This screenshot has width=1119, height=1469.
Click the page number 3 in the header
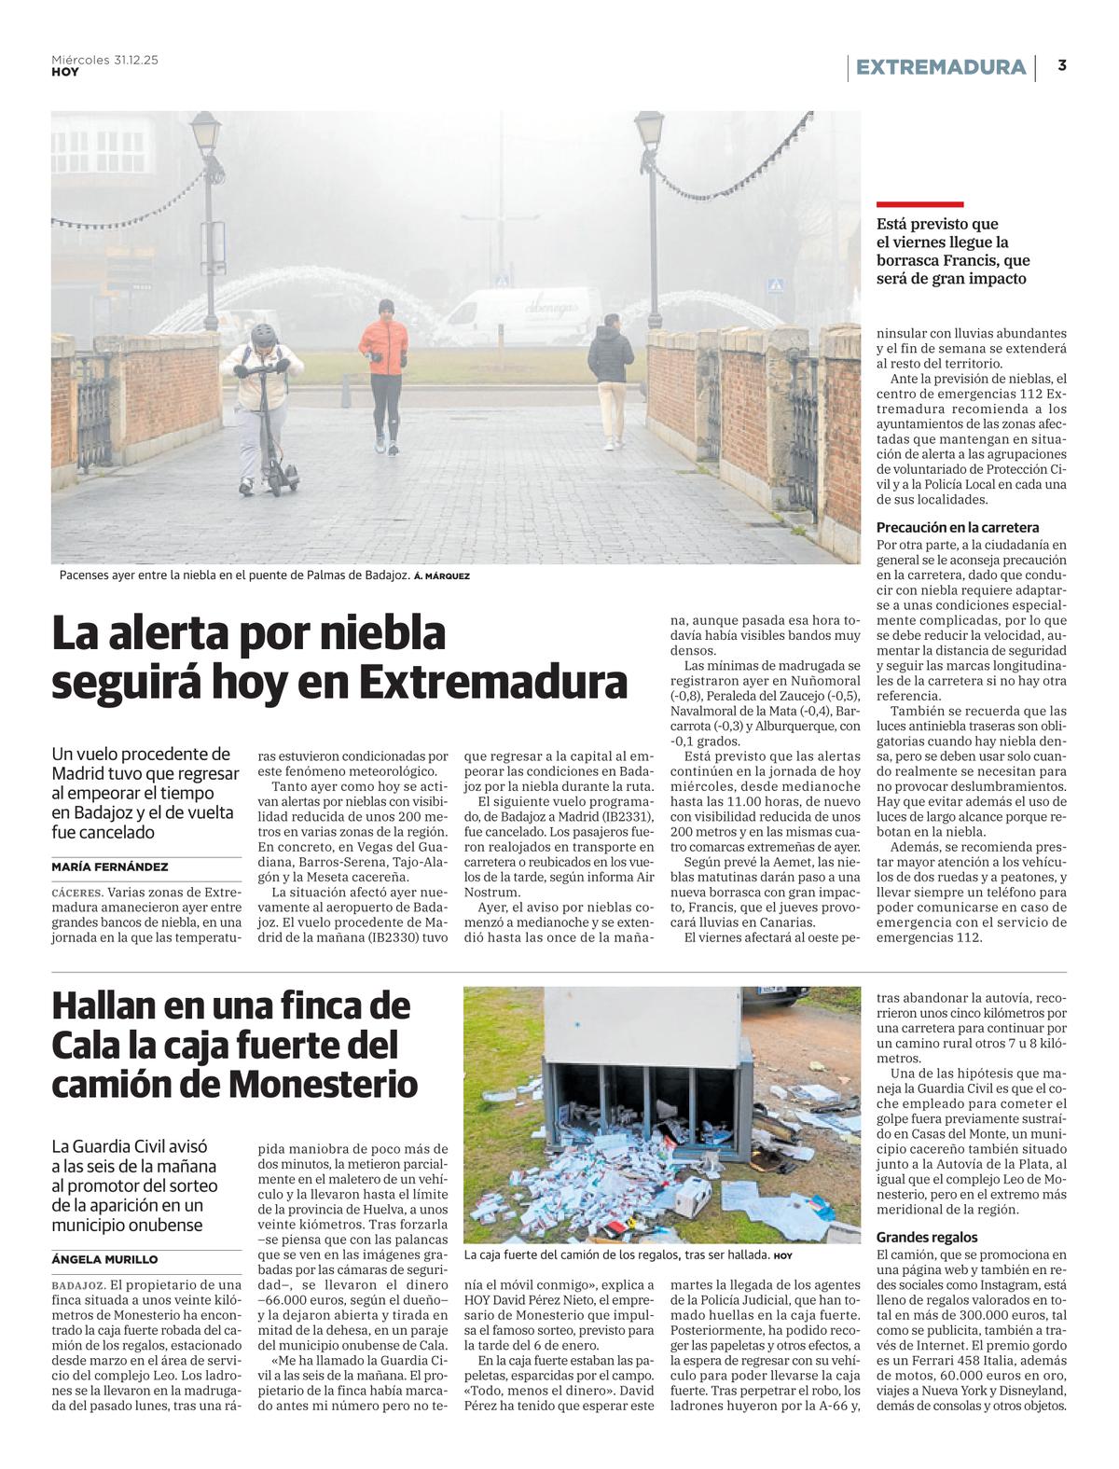(x=1062, y=65)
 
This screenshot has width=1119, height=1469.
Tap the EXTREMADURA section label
(x=941, y=67)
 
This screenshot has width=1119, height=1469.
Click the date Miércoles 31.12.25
(x=104, y=60)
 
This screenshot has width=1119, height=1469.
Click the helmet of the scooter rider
(x=265, y=333)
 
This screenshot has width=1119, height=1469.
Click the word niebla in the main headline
(x=382, y=633)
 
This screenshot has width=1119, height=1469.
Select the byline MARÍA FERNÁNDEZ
(x=110, y=866)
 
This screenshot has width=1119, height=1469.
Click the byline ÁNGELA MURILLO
(x=104, y=1259)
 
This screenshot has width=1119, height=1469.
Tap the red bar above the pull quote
(x=919, y=204)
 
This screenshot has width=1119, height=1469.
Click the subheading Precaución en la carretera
(x=958, y=527)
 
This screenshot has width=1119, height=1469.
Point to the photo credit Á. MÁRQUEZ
(x=442, y=576)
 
